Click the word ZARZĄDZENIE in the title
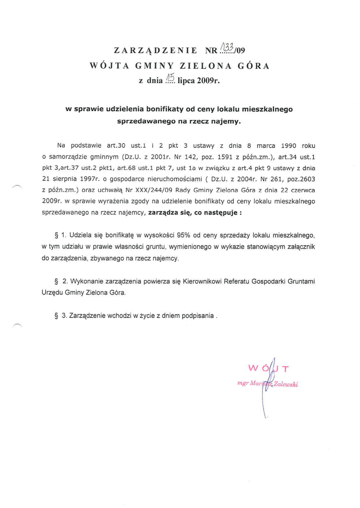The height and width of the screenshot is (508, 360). click(155, 50)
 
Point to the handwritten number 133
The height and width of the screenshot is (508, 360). click(226, 47)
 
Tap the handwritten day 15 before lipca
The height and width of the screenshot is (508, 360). click(170, 77)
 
